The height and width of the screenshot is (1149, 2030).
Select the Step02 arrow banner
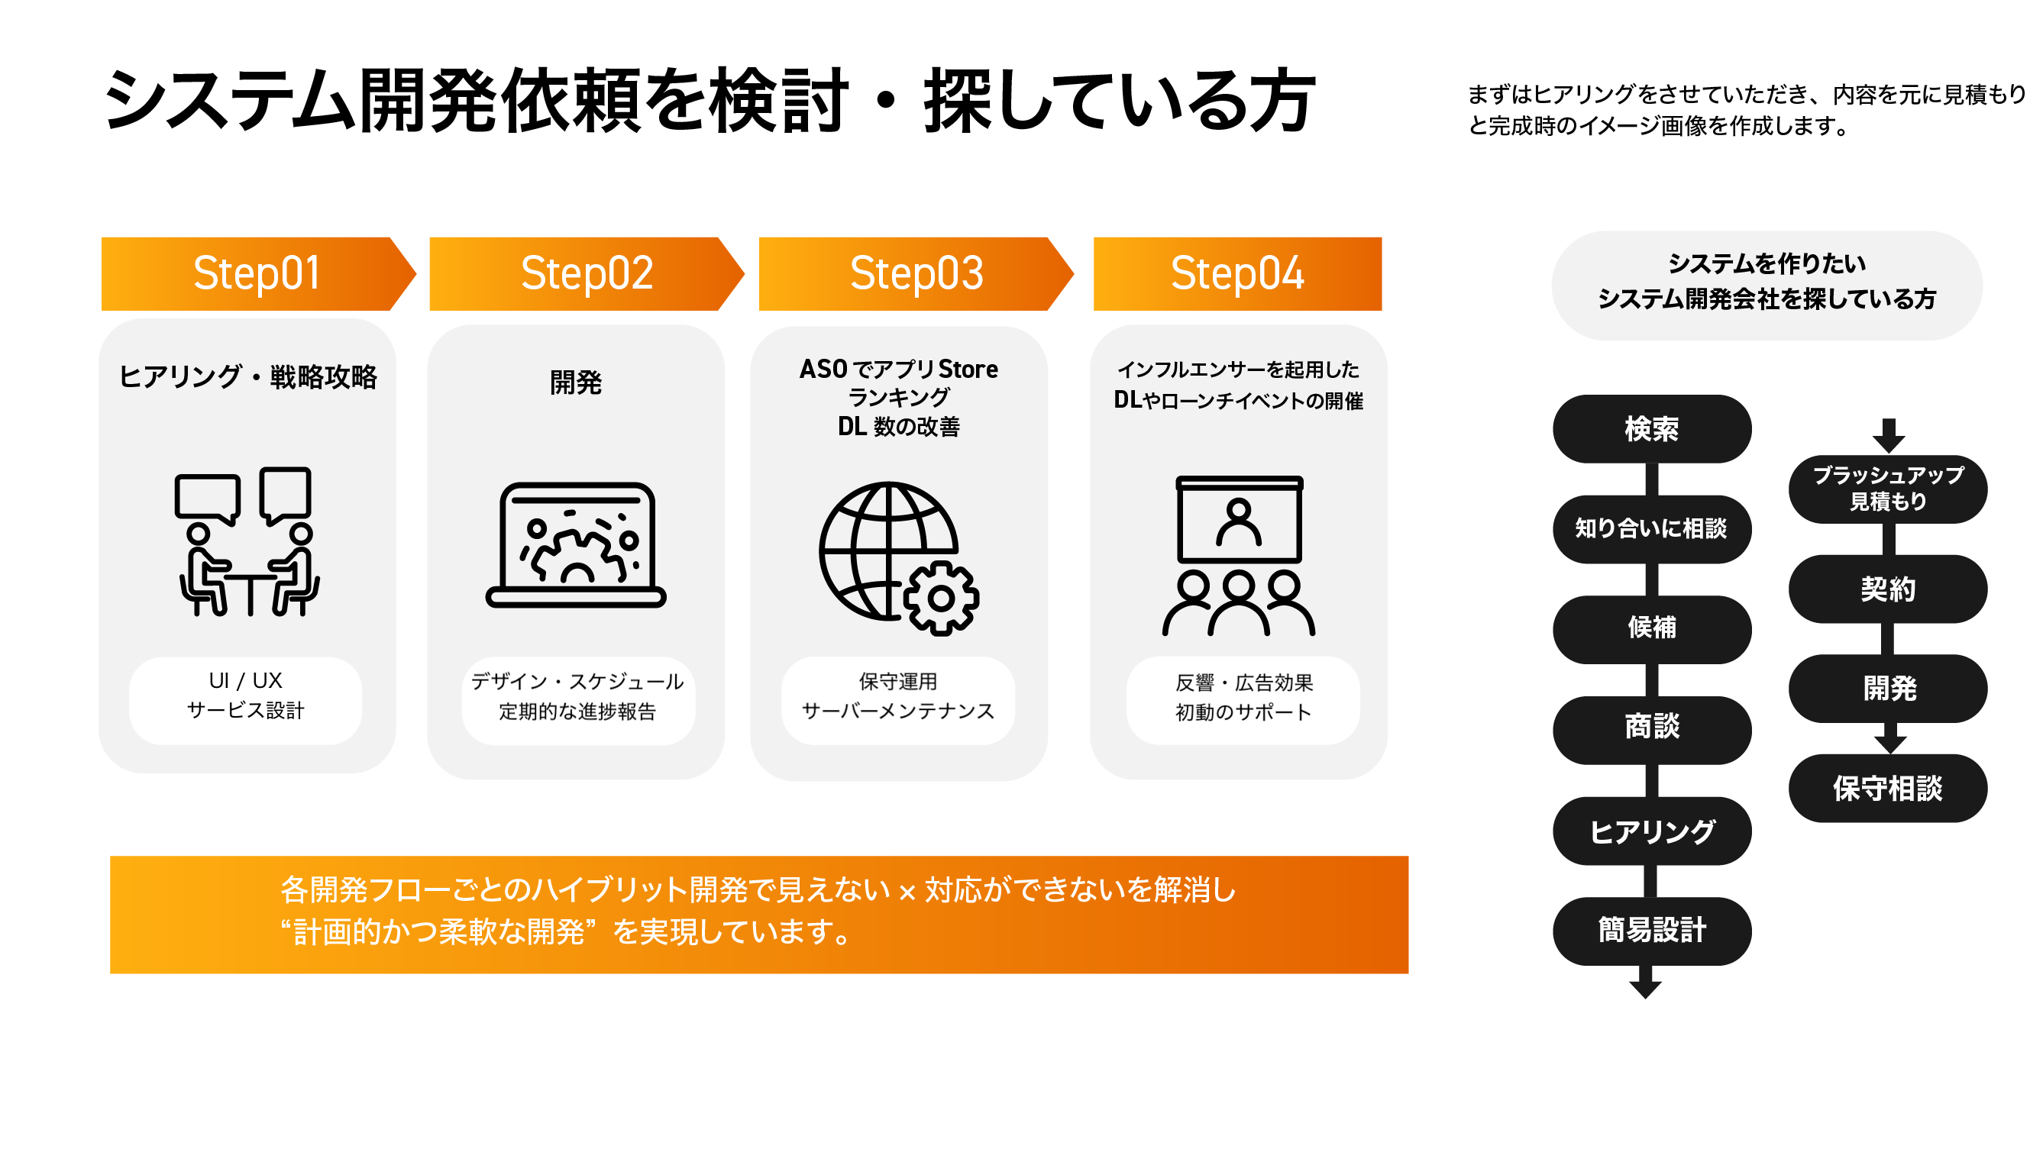(587, 273)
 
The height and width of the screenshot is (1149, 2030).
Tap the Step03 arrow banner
(916, 273)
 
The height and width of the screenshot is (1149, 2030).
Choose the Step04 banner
(1236, 273)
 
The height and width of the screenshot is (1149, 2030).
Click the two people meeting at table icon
(247, 541)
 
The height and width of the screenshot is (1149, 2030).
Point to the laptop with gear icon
(576, 544)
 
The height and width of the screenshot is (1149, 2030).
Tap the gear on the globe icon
(941, 599)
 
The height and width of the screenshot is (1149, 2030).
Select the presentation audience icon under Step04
(1238, 556)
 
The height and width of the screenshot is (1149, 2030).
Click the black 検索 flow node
(1651, 428)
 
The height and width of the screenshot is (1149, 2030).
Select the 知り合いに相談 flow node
(1651, 529)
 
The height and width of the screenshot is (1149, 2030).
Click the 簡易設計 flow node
(1651, 931)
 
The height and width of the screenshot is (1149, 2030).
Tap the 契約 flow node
(1887, 589)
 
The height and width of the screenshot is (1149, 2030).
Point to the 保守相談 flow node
(1887, 788)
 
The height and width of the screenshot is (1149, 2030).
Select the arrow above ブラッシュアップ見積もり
(1888, 436)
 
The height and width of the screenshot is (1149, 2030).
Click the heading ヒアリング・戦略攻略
(247, 376)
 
